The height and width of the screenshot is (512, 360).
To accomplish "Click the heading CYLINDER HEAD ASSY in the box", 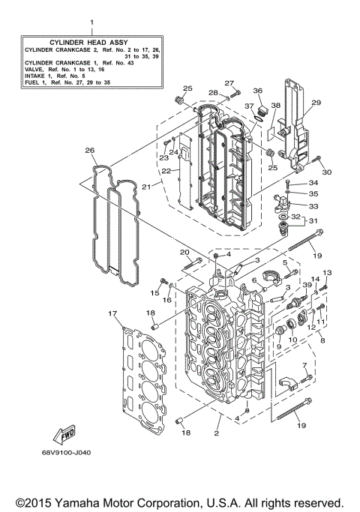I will pos(91,40).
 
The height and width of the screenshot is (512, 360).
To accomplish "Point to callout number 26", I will pos(90,151).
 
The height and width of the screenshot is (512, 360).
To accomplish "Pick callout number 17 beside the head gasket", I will pos(112,313).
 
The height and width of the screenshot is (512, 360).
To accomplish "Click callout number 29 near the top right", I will pos(316,103).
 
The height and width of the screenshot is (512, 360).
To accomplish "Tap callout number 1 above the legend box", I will pos(91,23).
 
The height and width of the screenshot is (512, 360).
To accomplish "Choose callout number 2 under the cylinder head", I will pos(217,433).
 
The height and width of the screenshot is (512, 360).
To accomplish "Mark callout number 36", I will pos(257,91).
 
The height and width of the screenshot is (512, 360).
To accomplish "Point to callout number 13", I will pos(326,273).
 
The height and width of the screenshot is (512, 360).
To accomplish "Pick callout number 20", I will pos(184,252).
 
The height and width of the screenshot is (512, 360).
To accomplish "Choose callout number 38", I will pos(274,106).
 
